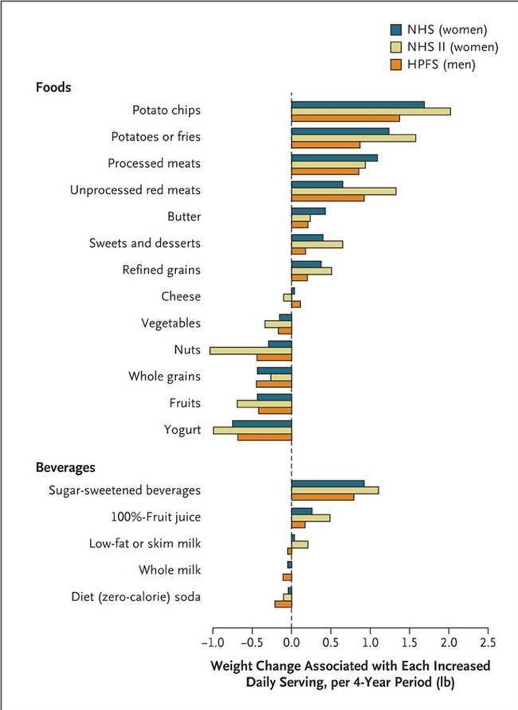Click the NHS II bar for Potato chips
pos(371,111)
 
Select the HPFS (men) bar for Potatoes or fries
pos(326,145)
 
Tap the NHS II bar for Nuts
pos(250,351)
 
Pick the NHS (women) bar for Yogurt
pos(262,424)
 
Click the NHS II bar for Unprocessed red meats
pos(344,191)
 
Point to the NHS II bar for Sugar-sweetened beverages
pos(335,490)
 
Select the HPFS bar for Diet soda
pos(283,604)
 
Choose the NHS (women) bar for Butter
pos(309,211)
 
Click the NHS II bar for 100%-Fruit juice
pos(311,518)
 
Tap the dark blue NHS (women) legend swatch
pos(396,30)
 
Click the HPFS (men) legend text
pos(441,65)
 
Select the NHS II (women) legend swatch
pos(396,47)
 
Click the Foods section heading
pos(53,87)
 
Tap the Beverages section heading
pos(65,467)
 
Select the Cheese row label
pos(181,296)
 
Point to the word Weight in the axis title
pos(232,665)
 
